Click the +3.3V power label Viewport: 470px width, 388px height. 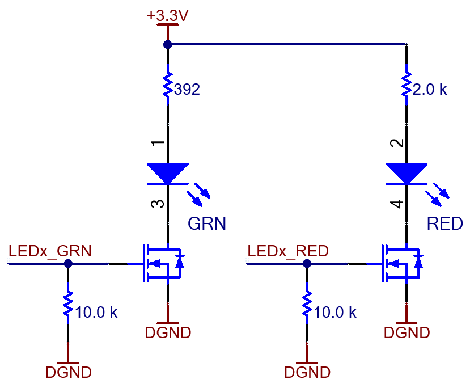[x=168, y=15]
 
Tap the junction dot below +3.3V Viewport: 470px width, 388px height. [x=168, y=44]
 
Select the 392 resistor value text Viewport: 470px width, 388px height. [x=187, y=90]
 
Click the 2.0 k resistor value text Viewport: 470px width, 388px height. [x=430, y=90]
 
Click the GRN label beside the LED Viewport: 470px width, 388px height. [x=207, y=223]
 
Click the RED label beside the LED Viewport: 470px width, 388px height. [x=445, y=223]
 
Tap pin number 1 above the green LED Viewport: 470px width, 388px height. [x=158, y=144]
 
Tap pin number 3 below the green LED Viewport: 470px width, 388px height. [x=158, y=204]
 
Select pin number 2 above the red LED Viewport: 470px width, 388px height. [x=397, y=144]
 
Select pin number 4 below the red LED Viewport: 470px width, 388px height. [x=397, y=204]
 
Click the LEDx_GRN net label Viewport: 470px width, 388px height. [x=50, y=251]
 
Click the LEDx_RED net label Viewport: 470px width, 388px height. [x=288, y=251]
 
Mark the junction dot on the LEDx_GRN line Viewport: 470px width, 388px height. [x=68, y=264]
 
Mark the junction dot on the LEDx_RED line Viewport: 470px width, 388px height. [x=307, y=264]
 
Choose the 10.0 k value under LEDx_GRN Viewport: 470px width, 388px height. [x=96, y=313]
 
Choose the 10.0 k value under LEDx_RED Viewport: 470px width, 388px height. [x=335, y=313]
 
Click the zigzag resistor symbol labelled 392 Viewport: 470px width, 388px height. [x=168, y=85]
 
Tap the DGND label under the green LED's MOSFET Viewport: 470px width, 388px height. [x=168, y=332]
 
